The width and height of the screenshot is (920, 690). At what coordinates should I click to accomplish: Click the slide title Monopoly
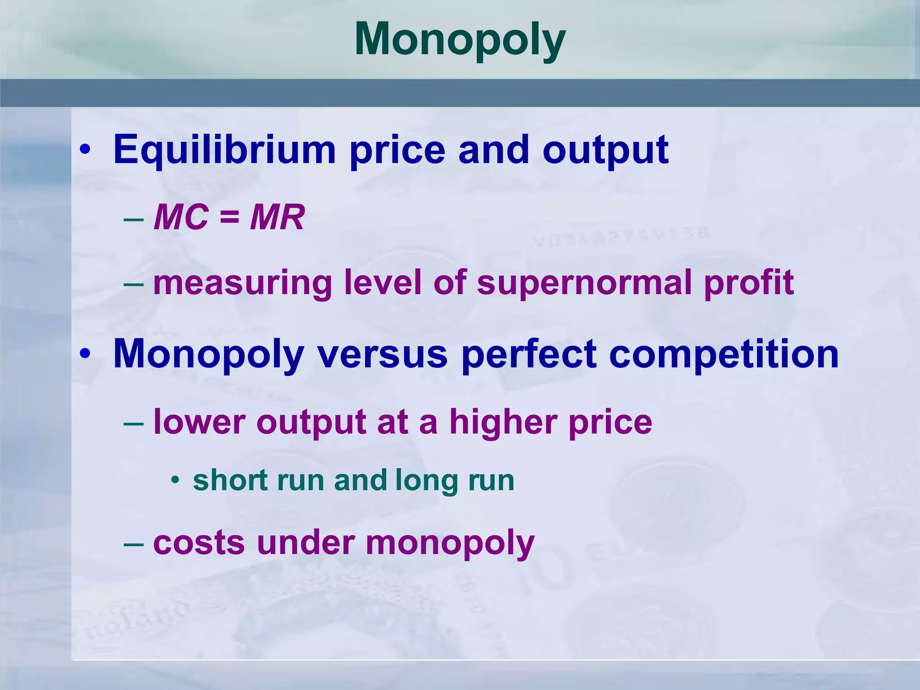[460, 40]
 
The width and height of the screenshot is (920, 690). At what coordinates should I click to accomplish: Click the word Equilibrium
[225, 150]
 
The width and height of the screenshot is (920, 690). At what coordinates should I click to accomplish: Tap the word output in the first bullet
[606, 150]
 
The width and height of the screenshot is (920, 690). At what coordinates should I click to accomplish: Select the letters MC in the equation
[181, 217]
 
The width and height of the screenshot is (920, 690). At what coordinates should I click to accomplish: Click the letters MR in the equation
[277, 217]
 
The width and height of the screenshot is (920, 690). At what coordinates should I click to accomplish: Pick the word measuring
[243, 283]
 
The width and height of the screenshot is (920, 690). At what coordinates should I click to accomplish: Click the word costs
[199, 543]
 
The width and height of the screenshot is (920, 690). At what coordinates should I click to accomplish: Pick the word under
[306, 543]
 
